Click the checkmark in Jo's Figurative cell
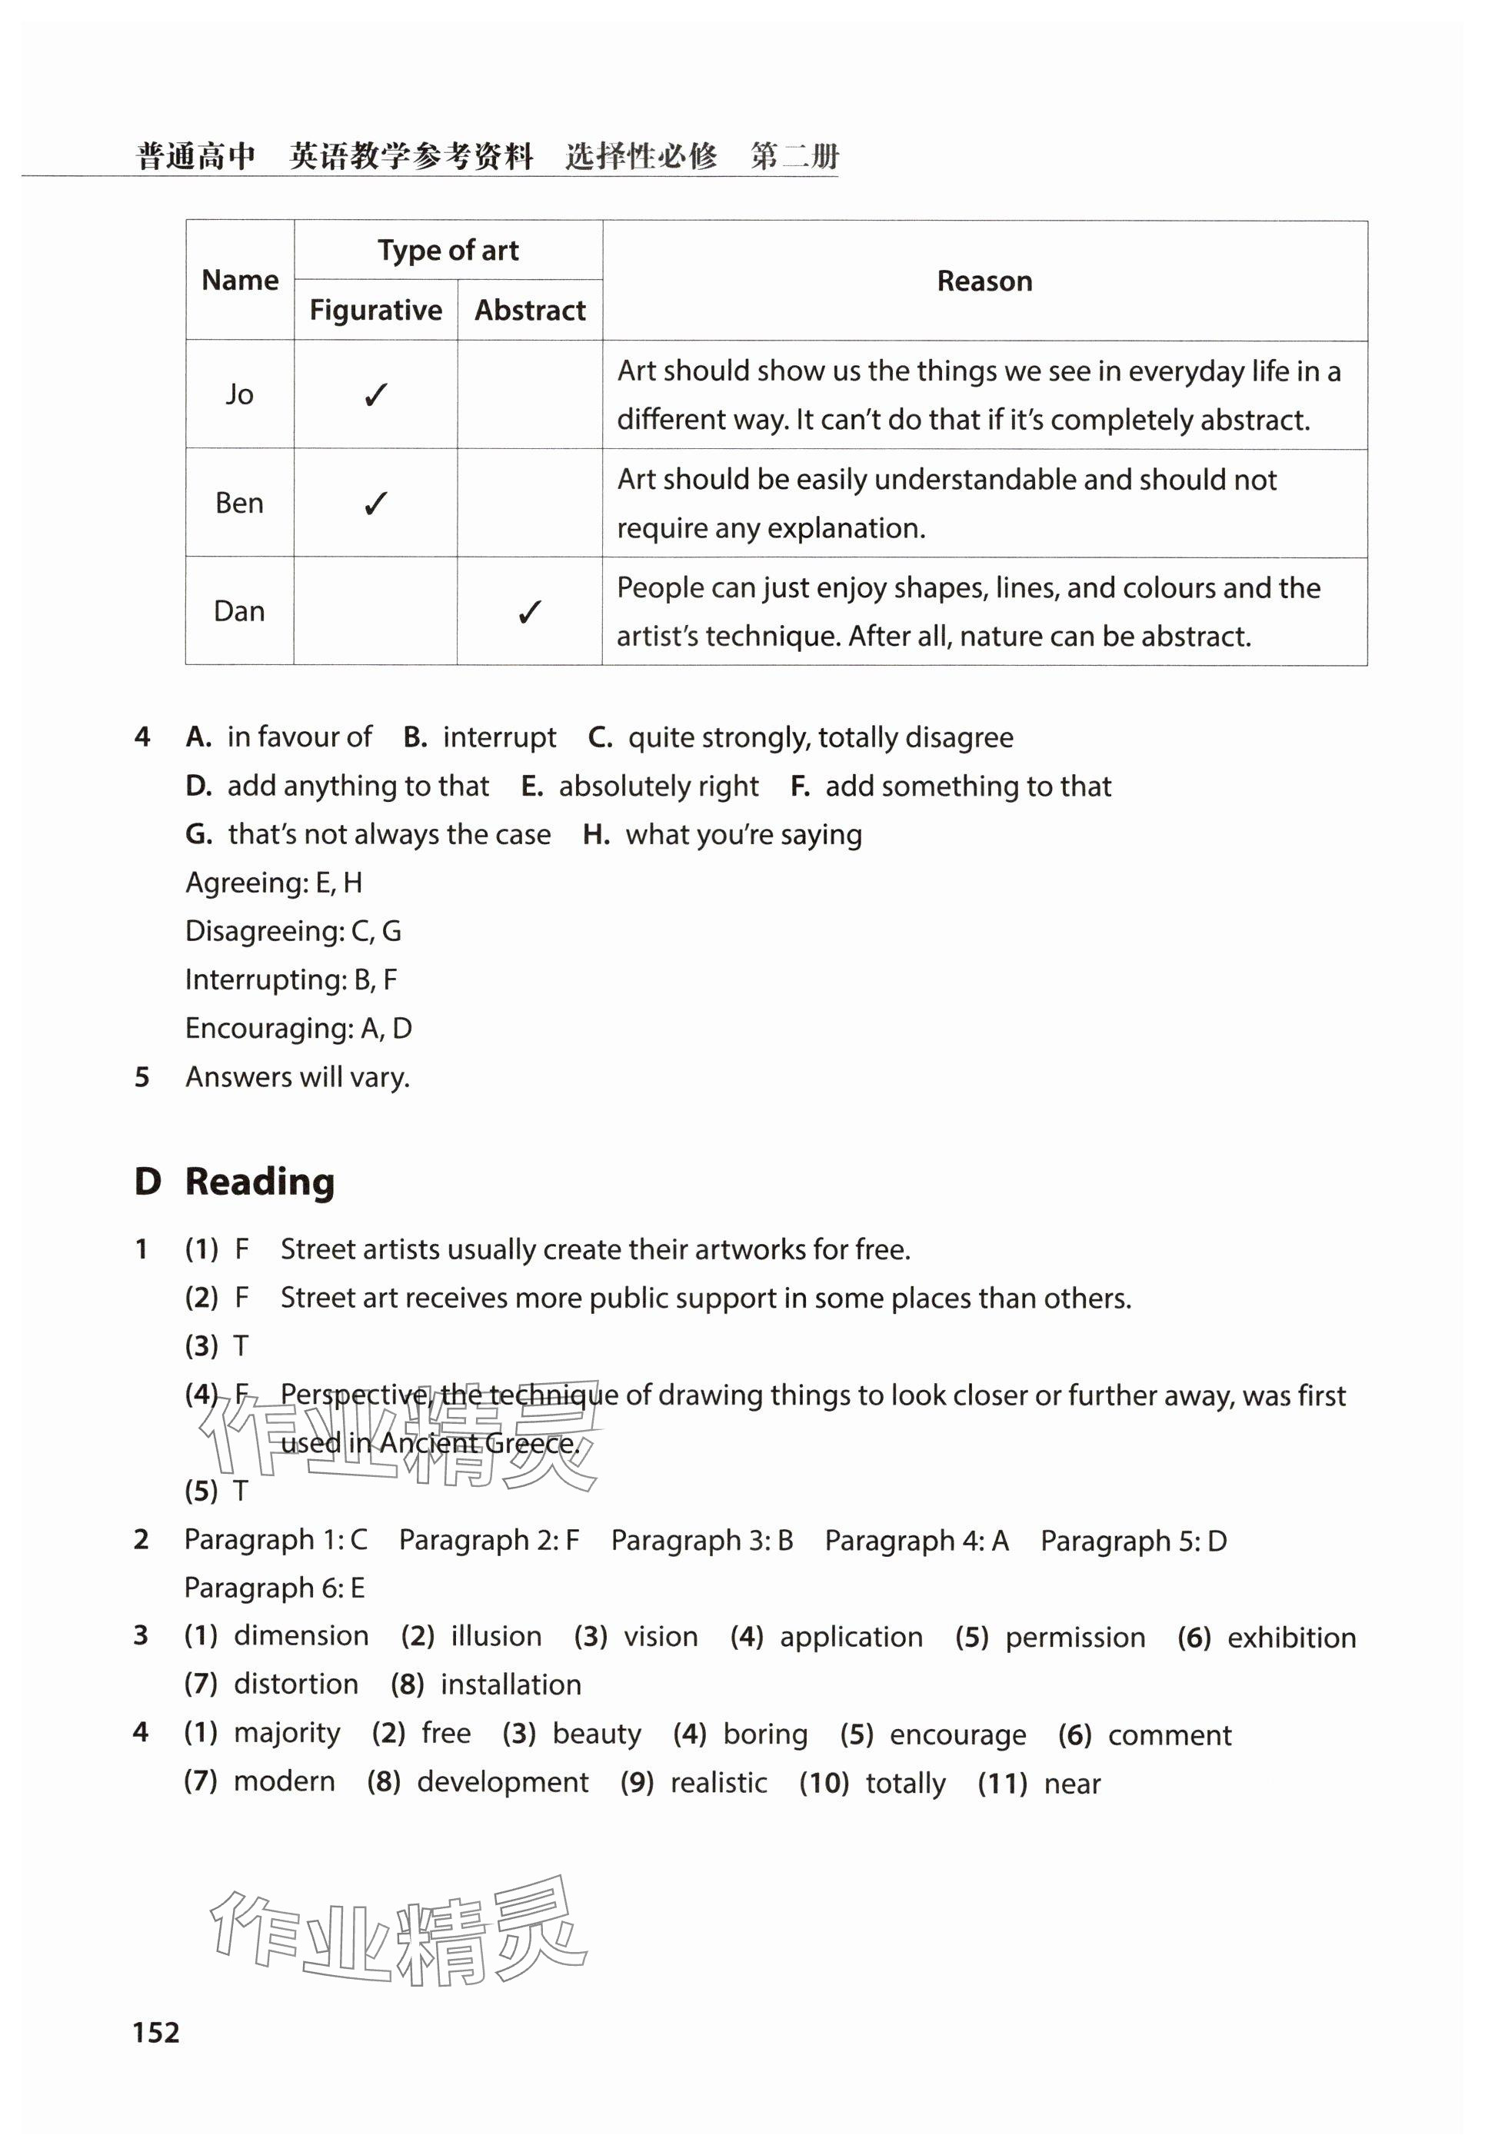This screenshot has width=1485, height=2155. pyautogui.click(x=376, y=395)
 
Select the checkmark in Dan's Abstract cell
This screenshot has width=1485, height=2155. pyautogui.click(x=529, y=612)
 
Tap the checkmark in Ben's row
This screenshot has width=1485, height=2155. pyautogui.click(x=376, y=504)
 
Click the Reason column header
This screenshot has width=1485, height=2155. pyautogui.click(x=984, y=281)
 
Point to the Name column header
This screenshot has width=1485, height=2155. pyautogui.click(x=240, y=280)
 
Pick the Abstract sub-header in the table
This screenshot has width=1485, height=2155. pyautogui.click(x=531, y=310)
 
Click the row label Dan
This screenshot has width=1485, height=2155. pyautogui.click(x=239, y=611)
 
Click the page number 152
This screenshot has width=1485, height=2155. pyautogui.click(x=156, y=2031)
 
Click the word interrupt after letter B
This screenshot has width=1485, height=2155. pyautogui.click(x=500, y=737)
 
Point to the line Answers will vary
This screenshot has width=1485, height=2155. pyautogui.click(x=298, y=1077)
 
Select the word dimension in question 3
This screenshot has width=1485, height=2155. pyautogui.click(x=301, y=1636)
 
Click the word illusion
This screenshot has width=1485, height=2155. pyautogui.click(x=496, y=1636)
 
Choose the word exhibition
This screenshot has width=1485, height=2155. pyautogui.click(x=1291, y=1638)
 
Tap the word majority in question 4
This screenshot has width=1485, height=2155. pyautogui.click(x=288, y=1733)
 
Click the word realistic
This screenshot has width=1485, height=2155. pyautogui.click(x=718, y=1783)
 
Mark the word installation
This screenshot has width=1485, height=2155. pyautogui.click(x=511, y=1684)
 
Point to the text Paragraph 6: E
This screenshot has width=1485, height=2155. pyautogui.click(x=275, y=1588)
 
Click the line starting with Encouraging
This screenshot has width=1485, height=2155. pyautogui.click(x=298, y=1028)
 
